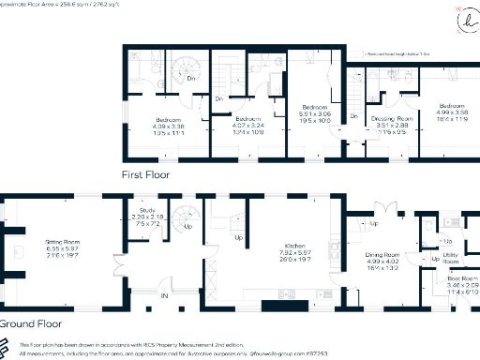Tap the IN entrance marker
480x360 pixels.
[165, 296]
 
